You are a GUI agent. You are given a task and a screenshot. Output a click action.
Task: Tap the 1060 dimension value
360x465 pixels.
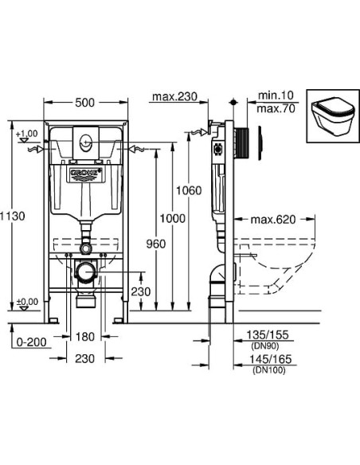click(189, 191)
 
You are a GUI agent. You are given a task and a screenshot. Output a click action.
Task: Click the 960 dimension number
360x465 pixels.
click(156, 244)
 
